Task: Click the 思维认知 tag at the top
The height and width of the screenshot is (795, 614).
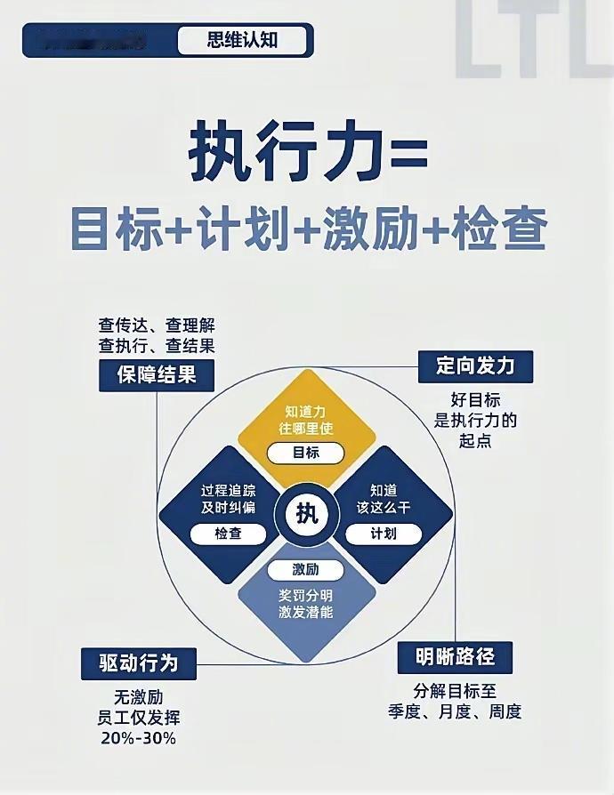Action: [x=242, y=41]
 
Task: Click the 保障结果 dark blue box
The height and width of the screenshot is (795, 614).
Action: [x=157, y=374]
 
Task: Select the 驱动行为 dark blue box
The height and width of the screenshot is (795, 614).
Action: [x=137, y=662]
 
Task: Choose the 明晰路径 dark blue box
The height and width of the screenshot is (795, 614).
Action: [x=454, y=657]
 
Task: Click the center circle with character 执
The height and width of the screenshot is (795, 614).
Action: [x=306, y=513]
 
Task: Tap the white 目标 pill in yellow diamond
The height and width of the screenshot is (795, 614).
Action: [x=306, y=453]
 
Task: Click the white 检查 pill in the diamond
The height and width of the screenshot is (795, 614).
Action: [x=228, y=534]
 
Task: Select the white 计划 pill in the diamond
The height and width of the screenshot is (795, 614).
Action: [x=384, y=534]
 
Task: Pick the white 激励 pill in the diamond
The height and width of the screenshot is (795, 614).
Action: [x=306, y=570]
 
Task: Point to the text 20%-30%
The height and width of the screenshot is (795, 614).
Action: [x=137, y=738]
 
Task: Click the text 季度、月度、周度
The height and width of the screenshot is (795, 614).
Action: [x=454, y=711]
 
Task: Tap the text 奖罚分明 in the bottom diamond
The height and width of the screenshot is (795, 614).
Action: [x=306, y=593]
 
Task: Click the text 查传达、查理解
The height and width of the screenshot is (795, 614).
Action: [x=157, y=326]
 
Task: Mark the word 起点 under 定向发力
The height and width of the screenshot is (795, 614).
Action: [x=475, y=440]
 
